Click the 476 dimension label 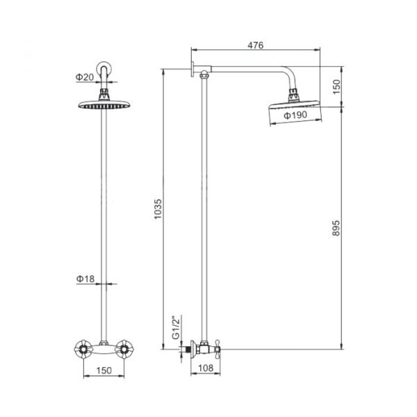[255, 45]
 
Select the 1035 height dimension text [158, 209]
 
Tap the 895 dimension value [336, 228]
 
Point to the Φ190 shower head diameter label [295, 115]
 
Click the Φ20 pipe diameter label [85, 77]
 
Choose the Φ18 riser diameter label [85, 279]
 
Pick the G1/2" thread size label [176, 327]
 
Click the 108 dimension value [206, 368]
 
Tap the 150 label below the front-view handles [104, 370]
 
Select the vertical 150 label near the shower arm [336, 87]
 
